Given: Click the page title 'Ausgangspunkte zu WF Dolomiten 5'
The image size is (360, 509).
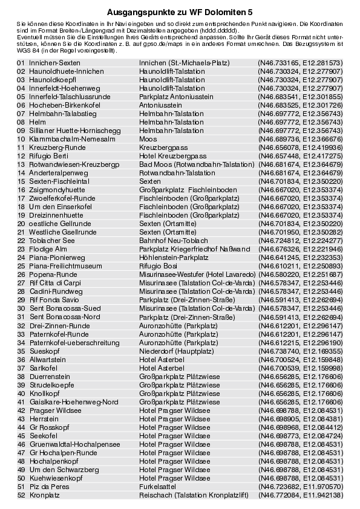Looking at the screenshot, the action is (x=180, y=11).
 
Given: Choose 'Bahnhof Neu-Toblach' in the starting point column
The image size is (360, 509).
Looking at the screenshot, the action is (x=169, y=240).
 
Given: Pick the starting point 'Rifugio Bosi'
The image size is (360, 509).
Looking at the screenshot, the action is (x=158, y=265).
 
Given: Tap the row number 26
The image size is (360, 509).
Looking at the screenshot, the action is (x=21, y=274).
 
